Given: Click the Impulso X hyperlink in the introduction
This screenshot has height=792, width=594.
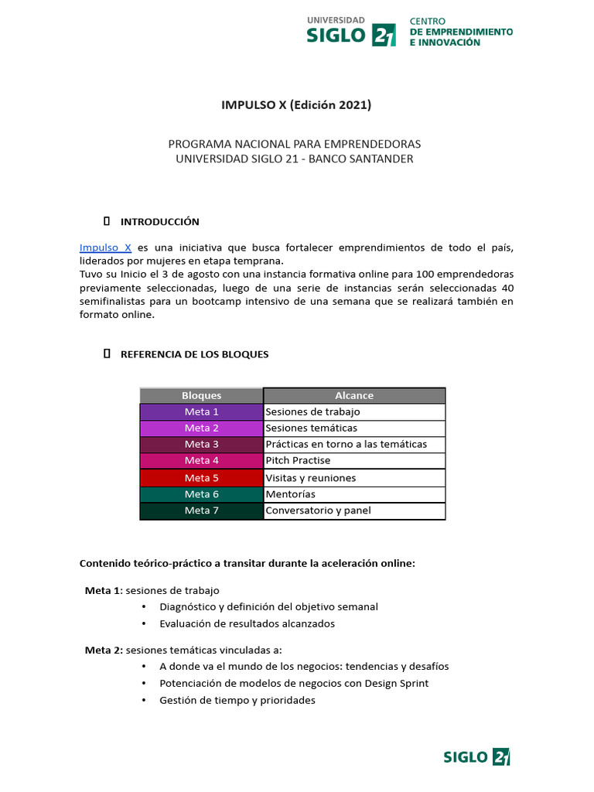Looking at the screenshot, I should [x=105, y=247].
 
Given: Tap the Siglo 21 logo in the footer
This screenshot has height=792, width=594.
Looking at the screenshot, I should [x=476, y=756].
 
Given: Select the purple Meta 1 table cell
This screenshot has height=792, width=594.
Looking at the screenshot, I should [x=201, y=412].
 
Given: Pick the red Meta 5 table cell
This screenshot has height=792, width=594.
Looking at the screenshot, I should [x=201, y=478].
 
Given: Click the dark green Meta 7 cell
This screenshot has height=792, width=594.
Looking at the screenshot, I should [x=201, y=510].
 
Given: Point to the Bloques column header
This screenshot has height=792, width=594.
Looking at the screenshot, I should [x=201, y=395].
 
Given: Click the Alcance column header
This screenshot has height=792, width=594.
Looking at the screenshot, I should [x=354, y=395].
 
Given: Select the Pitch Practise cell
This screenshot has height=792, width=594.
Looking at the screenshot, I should [x=354, y=461].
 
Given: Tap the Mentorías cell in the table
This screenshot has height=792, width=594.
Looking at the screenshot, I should [x=354, y=494].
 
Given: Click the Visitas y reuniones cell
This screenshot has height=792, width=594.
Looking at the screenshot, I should [x=354, y=478].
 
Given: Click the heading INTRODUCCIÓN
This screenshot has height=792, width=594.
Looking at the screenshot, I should [x=159, y=222].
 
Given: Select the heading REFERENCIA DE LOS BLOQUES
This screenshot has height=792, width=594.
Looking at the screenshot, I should [x=194, y=354].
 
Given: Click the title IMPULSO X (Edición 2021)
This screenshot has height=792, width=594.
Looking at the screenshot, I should [x=296, y=104].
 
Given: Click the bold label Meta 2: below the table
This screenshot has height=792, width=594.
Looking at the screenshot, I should [x=104, y=650].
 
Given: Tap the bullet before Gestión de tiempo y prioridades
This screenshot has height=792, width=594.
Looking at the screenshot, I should [x=145, y=700].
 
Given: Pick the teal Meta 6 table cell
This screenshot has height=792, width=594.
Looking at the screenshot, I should [x=201, y=494].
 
